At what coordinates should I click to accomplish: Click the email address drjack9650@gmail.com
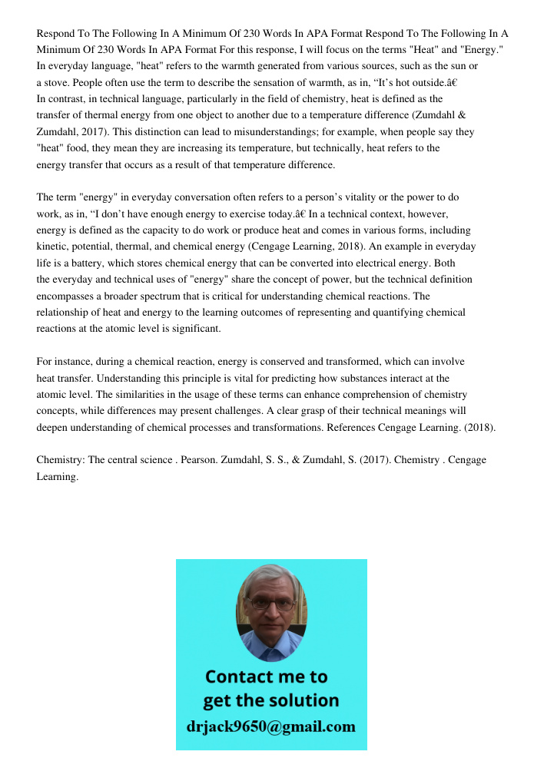click(x=270, y=727)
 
